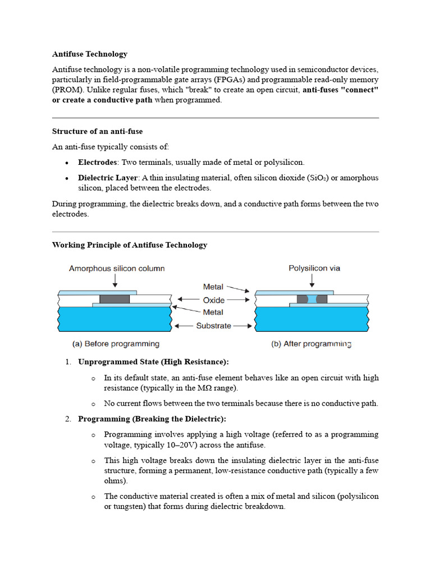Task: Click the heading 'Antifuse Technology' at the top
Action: pos(90,54)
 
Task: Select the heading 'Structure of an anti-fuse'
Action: pos(97,131)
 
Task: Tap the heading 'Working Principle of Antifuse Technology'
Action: pos(130,245)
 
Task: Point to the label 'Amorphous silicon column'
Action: pos(117,269)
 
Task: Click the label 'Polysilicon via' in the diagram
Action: pos(314,269)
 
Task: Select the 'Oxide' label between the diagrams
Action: pos(213,300)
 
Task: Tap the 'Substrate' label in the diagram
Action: pos(213,325)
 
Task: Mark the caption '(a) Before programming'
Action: pos(116,344)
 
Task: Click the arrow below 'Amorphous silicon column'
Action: pos(114,282)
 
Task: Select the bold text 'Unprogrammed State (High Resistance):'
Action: pos(153,362)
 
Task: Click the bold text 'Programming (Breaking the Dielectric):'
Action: pos(152,419)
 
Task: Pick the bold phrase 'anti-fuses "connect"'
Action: pos(341,90)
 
